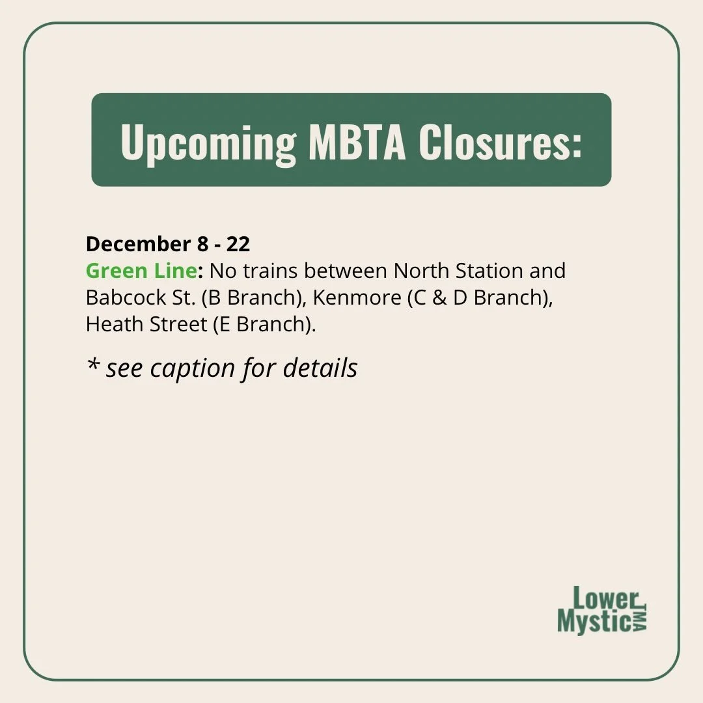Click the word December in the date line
[x=135, y=244]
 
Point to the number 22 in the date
[x=238, y=244]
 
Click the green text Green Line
[x=141, y=270]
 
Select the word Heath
[x=111, y=324]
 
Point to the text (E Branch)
[x=264, y=324]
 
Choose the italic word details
[x=320, y=368]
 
